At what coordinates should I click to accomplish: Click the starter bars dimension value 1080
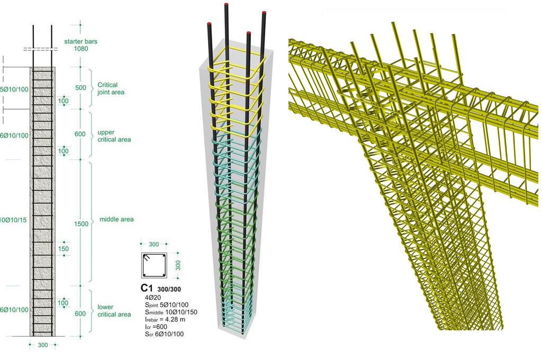click(x=81, y=49)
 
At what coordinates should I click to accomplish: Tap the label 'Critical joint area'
click(x=107, y=88)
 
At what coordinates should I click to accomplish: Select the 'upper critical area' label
click(x=113, y=137)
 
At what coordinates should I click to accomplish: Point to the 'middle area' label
click(x=116, y=219)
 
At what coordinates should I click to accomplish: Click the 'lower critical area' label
click(x=114, y=311)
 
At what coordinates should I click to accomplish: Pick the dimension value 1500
click(x=81, y=224)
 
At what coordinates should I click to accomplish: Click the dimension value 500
click(x=80, y=88)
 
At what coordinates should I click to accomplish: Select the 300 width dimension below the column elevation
click(x=42, y=345)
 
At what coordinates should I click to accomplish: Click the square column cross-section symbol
click(x=153, y=265)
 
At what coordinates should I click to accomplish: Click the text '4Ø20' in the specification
click(x=153, y=298)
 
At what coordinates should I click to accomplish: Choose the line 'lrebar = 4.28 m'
click(x=167, y=320)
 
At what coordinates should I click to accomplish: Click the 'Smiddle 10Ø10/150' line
click(x=171, y=312)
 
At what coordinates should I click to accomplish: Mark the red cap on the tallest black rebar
click(x=226, y=5)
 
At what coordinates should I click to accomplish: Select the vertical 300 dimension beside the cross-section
click(x=178, y=265)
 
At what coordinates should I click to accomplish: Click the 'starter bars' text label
click(x=80, y=41)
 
